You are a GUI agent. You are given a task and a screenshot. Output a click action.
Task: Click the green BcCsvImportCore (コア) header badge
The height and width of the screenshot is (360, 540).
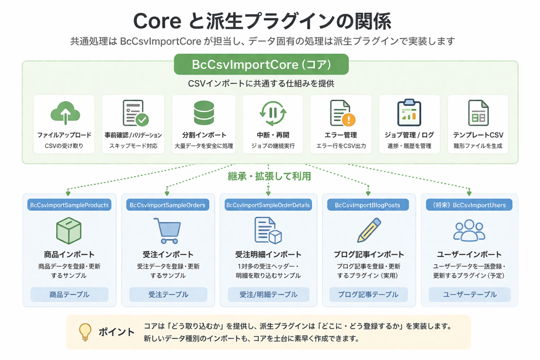click(261, 64)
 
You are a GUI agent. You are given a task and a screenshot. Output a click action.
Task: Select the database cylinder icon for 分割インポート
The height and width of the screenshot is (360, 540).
click(204, 112)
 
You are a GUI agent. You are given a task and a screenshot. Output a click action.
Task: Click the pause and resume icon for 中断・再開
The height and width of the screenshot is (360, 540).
click(273, 112)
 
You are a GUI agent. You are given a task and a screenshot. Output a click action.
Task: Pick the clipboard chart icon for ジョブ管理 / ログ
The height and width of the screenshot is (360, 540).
click(409, 112)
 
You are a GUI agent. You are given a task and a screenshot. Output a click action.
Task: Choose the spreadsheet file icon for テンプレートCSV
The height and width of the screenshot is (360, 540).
click(478, 112)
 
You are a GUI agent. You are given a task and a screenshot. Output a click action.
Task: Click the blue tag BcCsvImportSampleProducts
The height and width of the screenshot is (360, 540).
click(69, 205)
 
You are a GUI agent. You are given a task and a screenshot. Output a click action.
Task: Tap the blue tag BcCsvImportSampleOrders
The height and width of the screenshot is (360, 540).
click(167, 205)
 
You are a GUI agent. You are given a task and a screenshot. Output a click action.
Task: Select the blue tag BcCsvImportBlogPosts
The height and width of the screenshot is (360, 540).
click(368, 205)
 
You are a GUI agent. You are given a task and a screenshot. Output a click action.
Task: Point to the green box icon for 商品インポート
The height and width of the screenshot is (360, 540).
click(69, 230)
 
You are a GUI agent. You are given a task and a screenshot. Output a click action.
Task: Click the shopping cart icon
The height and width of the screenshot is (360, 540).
click(167, 230)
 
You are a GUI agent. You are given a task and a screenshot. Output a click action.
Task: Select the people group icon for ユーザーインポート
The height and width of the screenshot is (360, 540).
click(469, 230)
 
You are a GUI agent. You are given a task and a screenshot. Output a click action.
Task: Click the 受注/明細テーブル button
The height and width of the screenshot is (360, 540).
click(268, 295)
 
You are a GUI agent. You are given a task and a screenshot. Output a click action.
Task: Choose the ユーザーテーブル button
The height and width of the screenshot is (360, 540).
click(469, 295)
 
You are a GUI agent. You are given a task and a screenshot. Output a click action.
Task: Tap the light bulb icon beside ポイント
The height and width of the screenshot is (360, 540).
click(85, 332)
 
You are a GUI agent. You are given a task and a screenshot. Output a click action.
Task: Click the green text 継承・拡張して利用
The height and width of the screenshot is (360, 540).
click(269, 176)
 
